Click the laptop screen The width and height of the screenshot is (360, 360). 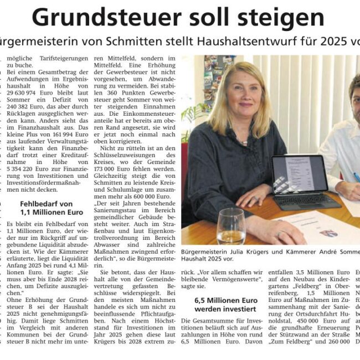pyautogui.click(x=299, y=174)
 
